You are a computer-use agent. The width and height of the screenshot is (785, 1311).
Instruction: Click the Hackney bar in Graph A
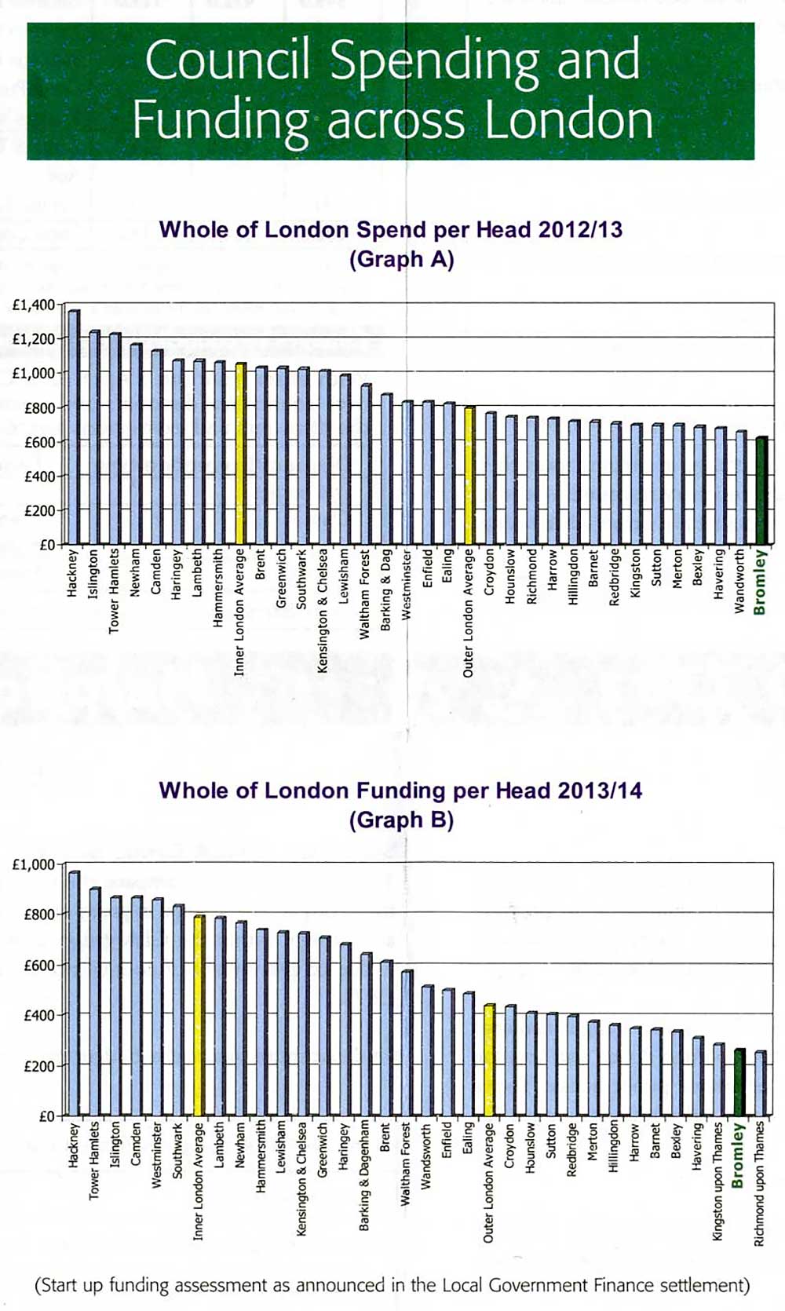coord(73,428)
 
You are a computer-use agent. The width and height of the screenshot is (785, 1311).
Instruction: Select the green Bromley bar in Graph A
coord(761,491)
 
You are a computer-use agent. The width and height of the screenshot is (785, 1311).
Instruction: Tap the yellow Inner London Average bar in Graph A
coord(240,454)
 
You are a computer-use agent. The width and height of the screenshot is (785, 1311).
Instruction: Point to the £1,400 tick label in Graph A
coord(34,305)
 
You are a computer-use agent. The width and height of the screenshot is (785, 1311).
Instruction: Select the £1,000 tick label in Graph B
coord(34,864)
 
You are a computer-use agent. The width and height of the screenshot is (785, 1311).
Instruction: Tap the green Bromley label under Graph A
coord(760,582)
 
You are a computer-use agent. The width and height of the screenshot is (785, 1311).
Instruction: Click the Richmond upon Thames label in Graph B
coord(759,1183)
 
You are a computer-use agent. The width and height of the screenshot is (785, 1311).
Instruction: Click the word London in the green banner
coord(569,121)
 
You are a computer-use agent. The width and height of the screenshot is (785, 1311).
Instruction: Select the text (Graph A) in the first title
coord(401,259)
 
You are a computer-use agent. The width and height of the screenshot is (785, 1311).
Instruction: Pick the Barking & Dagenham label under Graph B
coord(364,1174)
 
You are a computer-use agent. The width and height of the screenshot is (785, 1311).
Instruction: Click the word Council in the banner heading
coord(228,60)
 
